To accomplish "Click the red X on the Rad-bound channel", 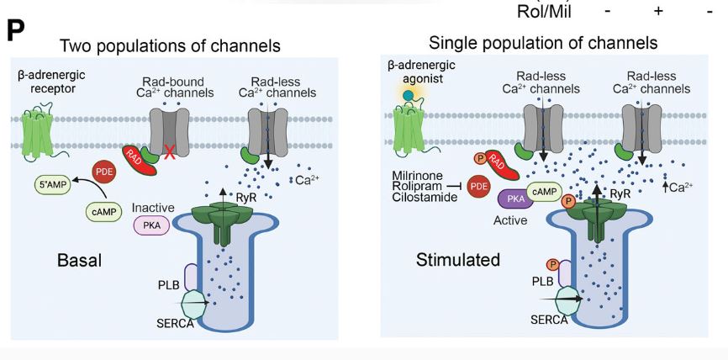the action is pos(170,152).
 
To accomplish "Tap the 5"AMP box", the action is pos(53,185).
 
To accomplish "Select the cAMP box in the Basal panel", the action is pos(104,212).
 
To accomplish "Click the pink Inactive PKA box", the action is pos(151,225).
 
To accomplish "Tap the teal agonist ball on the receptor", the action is pos(408,96).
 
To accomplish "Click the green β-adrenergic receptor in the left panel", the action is pos(39,133).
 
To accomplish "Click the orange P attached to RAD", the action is pos(482,158).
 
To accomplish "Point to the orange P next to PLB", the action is pos(553,265).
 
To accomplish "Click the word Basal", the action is pos(79,260).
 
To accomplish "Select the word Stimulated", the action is pos(458,260).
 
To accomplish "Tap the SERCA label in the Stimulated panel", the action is pos(549,320).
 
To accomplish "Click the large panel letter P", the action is pos(16,32).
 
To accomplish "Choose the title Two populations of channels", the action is pos(170,45).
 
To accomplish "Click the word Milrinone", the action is pos(418,177).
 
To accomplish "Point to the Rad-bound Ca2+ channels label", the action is pos(175,86).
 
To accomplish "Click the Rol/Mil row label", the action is pos(544,11).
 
